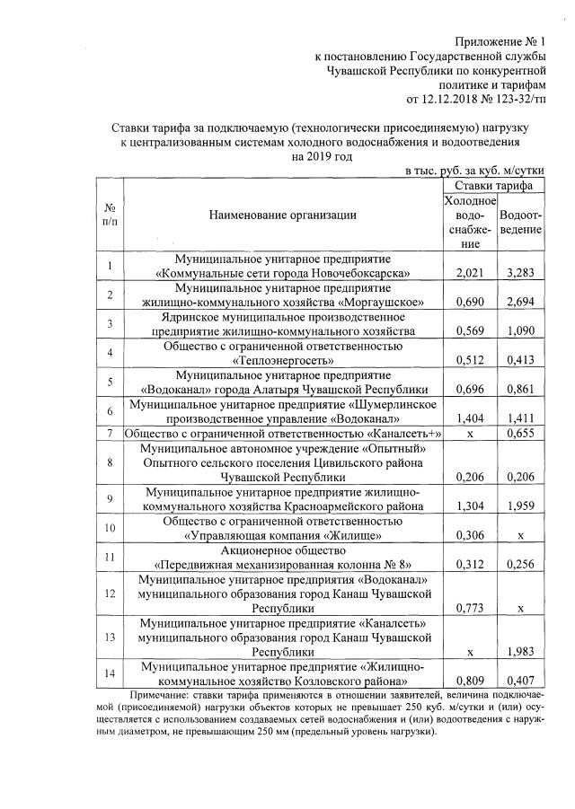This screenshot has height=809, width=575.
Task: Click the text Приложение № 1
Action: click(x=500, y=40)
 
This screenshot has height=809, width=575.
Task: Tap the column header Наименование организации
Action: click(x=282, y=215)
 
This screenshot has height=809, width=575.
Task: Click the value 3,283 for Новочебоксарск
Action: click(x=520, y=272)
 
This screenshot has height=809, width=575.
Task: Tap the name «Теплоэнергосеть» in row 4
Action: click(x=282, y=360)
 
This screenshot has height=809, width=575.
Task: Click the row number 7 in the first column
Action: click(x=109, y=435)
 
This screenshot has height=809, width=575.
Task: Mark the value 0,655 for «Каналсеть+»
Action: click(x=520, y=435)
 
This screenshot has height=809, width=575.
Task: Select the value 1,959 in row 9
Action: click(x=520, y=506)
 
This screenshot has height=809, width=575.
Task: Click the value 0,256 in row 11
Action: click(x=520, y=565)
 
